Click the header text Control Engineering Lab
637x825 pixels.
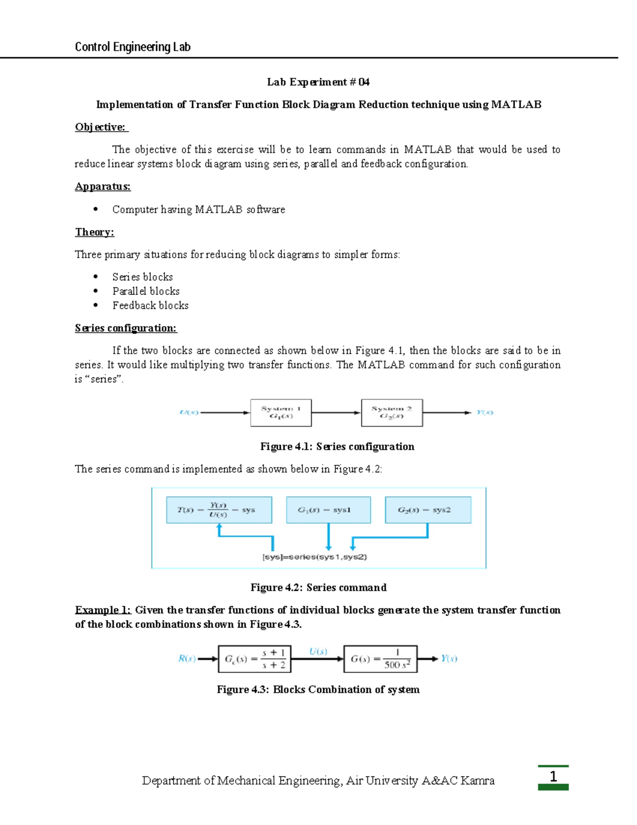tap(132, 47)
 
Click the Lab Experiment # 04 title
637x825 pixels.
tap(318, 82)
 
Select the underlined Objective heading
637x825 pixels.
tap(101, 127)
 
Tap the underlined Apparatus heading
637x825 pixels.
tap(102, 186)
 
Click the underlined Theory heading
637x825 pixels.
tap(94, 232)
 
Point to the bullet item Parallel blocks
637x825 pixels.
tap(146, 291)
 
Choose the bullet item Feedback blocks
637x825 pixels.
tap(150, 305)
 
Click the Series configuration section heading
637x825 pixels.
tap(126, 328)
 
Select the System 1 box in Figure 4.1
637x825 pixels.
tap(281, 413)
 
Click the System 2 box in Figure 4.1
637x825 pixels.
tap(392, 413)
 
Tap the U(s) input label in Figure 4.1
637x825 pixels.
tap(189, 413)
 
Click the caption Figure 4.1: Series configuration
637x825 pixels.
tap(337, 447)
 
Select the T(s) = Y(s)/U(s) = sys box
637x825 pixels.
tap(219, 510)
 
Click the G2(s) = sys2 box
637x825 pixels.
tap(428, 510)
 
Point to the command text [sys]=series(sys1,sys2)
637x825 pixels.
tap(315, 557)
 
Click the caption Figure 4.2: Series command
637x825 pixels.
tap(318, 588)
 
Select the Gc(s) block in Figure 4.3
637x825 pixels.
tap(254, 659)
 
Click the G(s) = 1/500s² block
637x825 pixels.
tap(380, 659)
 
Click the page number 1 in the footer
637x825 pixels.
tap(553, 777)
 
